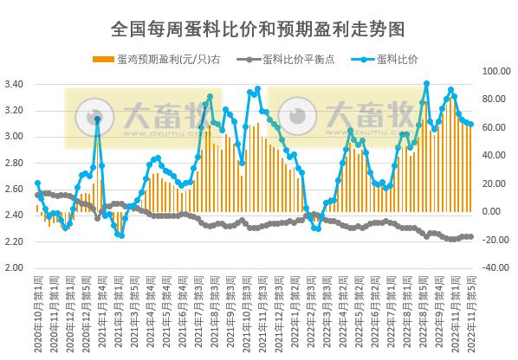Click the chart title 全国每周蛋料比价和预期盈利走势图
pyautogui.click(x=258, y=29)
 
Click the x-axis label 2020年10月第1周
pyautogui.click(x=36, y=316)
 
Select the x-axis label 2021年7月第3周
pyautogui.click(x=201, y=316)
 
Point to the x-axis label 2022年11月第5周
pyautogui.click(x=471, y=316)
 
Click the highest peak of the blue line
pyautogui.click(x=426, y=84)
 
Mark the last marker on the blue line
pyautogui.click(x=470, y=125)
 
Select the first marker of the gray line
pyautogui.click(x=37, y=195)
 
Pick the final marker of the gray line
pyautogui.click(x=470, y=236)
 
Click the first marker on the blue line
pyautogui.click(x=37, y=183)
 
